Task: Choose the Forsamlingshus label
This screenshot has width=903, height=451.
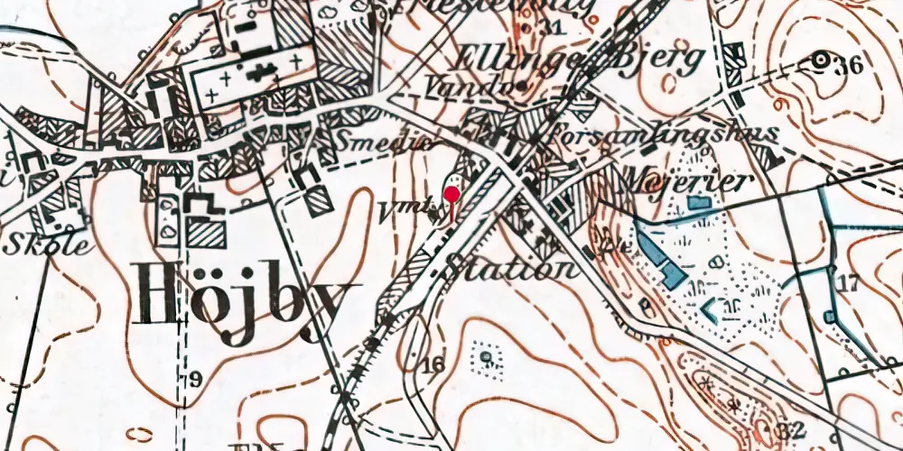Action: [x=664, y=133]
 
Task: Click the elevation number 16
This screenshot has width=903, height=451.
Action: [x=433, y=364]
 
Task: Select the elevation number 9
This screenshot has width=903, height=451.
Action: [x=195, y=380]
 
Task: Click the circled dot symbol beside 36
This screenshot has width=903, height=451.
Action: [x=821, y=60]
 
